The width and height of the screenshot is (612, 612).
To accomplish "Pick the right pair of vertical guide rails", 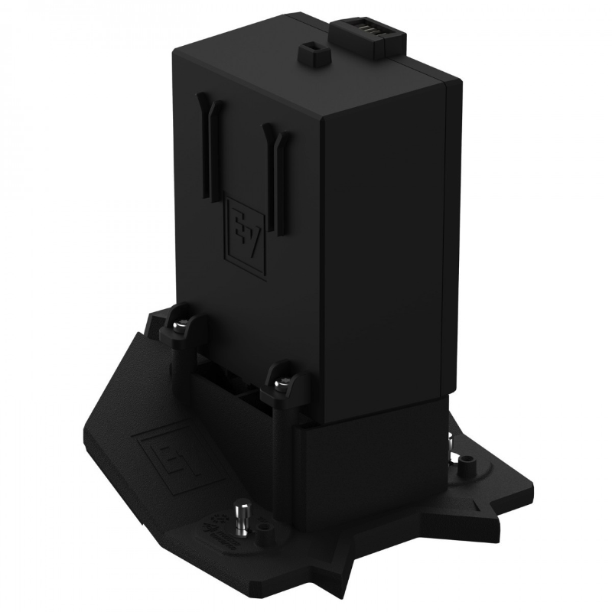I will tap(274, 176).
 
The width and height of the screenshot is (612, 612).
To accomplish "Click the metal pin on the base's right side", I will tap(452, 444).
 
